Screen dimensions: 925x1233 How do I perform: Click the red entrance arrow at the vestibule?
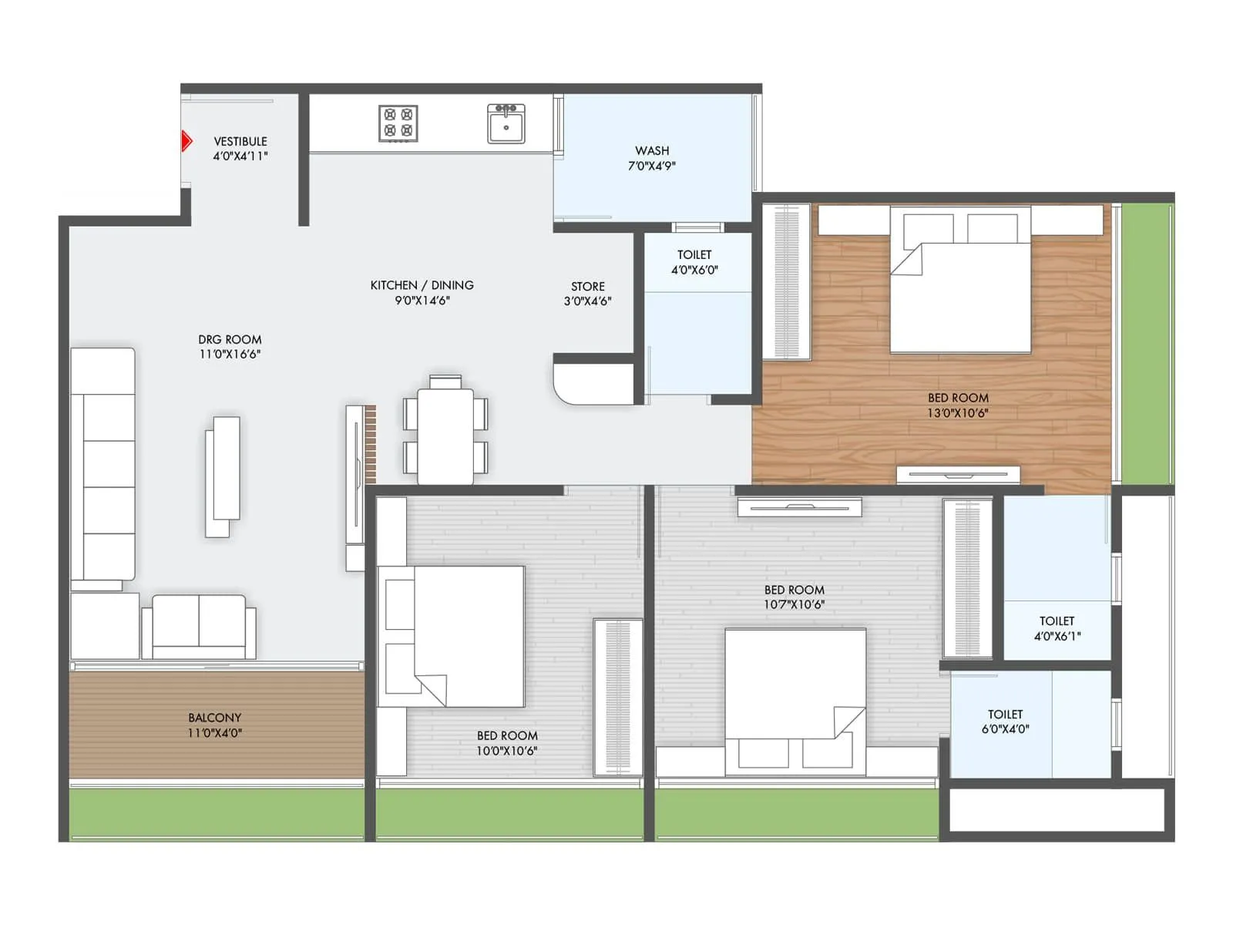186,141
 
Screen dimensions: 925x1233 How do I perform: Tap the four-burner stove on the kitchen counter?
398,123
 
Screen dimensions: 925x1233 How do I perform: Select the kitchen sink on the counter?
506,124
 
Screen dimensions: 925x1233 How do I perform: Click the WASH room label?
652,151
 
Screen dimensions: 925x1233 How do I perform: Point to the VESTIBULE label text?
240,142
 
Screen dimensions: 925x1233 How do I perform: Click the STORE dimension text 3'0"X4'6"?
587,301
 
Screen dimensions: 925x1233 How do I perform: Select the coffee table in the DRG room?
223,476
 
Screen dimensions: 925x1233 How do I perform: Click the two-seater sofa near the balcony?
199,627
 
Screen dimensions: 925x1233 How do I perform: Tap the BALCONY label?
214,718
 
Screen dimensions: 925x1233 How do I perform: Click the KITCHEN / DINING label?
422,285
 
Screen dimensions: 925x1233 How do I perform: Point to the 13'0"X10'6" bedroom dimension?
957,413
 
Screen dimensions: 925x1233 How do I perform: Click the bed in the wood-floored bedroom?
960,281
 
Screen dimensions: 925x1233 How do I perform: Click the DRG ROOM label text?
230,340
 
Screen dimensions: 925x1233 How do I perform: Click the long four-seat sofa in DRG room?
103,464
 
